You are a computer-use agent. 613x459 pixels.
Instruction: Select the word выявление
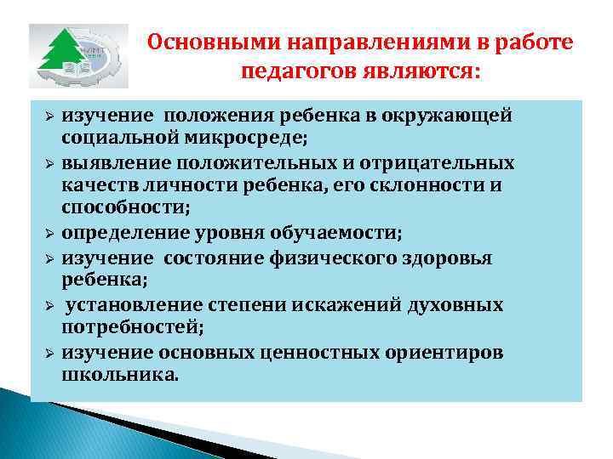[109, 161]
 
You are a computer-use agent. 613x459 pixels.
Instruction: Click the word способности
[123, 206]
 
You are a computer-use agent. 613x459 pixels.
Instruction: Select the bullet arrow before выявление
[49, 162]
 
